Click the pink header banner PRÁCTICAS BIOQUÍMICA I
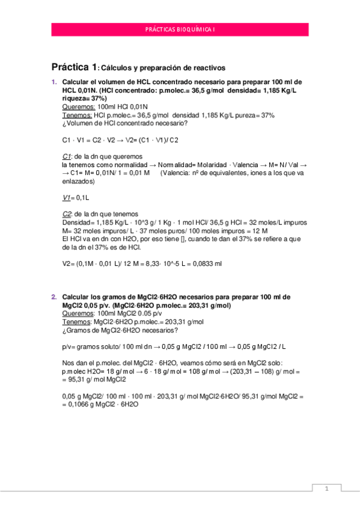tap(180, 29)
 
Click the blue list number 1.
tap(53, 82)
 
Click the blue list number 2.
tap(53, 297)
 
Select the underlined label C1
tap(67, 156)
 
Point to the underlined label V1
tap(67, 197)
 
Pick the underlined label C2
tap(67, 214)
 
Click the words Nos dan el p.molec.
tap(90, 363)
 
